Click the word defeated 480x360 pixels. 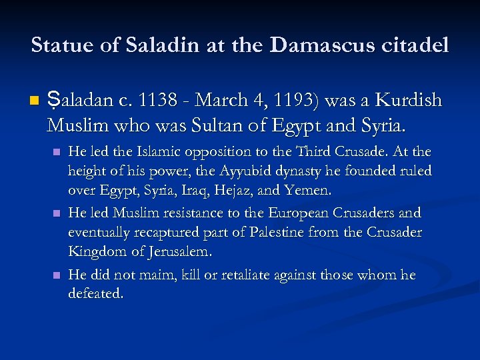(95, 294)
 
